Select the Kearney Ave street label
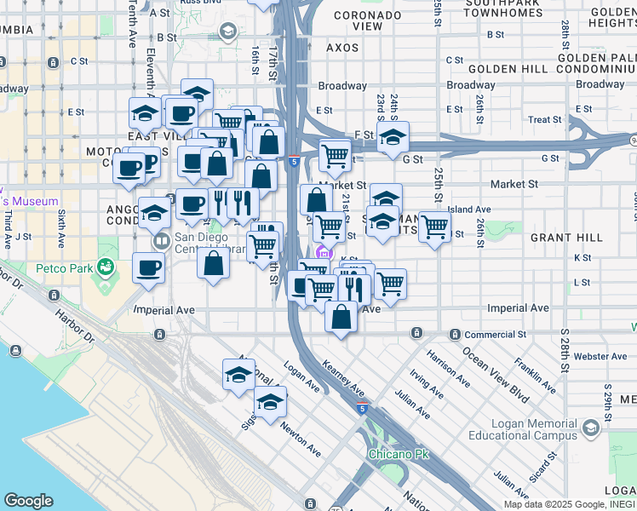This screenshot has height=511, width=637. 344,376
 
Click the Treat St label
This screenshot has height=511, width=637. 545,120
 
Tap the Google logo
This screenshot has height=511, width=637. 28,501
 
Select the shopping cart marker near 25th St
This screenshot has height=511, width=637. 435,227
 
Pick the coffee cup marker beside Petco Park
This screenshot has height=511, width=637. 148,268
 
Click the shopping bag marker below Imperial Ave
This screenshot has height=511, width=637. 341,318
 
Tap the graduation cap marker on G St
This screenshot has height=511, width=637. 393,137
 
